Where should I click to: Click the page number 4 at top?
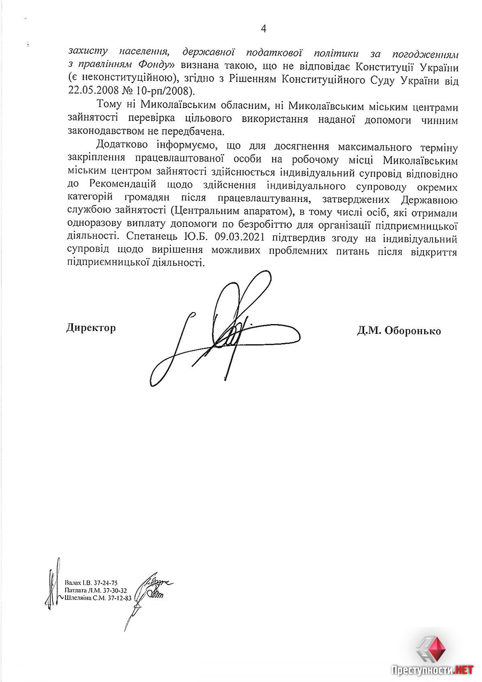[263, 29]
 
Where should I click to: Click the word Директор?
[91, 328]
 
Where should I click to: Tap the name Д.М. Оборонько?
[399, 331]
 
